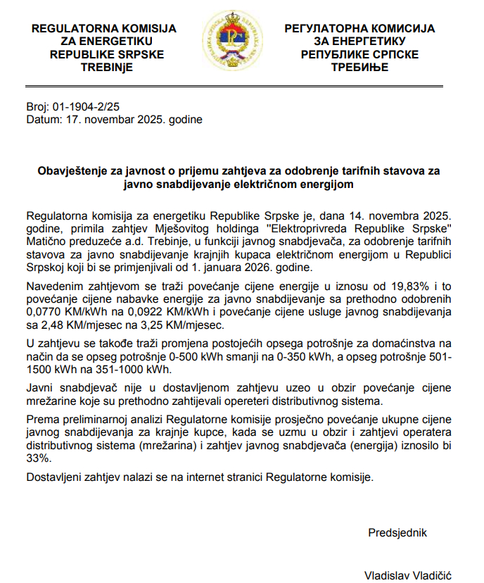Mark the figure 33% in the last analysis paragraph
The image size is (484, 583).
(x=37, y=458)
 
